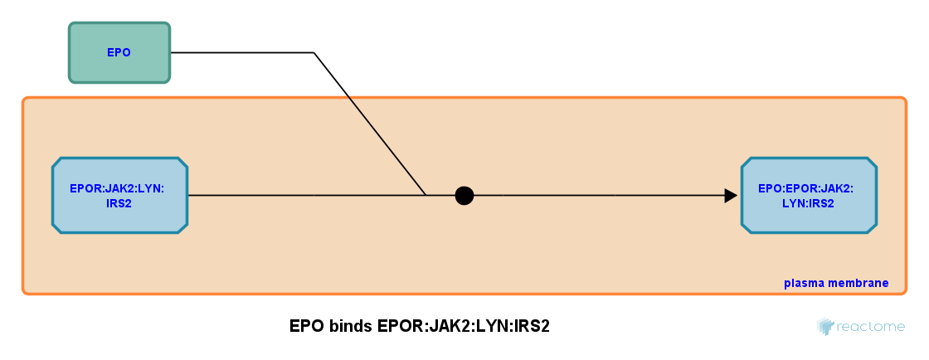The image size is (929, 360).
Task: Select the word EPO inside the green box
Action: [119, 52]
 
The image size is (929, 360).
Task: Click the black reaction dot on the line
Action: [464, 196]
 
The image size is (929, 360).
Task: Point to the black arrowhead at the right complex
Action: [731, 196]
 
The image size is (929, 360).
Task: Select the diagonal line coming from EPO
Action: [386, 145]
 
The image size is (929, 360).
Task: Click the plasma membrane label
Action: [835, 284]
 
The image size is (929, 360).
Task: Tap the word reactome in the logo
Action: [870, 327]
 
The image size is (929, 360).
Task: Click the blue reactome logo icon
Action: [824, 326]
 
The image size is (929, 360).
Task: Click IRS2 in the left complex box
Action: [119, 203]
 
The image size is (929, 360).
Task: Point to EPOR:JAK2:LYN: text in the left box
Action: [117, 188]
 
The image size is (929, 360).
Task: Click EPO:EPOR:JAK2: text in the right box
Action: [805, 188]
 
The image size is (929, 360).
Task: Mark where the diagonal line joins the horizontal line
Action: [426, 196]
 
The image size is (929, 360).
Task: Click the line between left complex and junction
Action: [307, 196]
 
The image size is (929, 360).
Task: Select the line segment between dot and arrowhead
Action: [597, 196]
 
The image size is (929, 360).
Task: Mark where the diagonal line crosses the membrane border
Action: [348, 97]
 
